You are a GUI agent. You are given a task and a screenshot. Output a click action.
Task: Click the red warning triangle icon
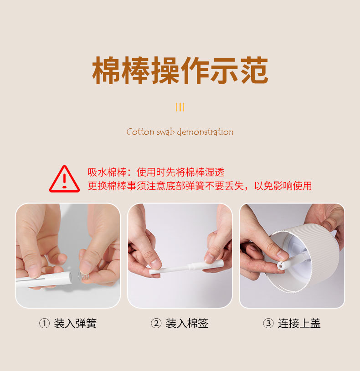[64, 179]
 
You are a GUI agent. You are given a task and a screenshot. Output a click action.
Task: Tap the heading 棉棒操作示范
[180, 71]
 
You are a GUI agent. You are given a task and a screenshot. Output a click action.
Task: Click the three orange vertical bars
[180, 107]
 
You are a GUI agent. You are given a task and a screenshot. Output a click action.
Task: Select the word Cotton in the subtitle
[140, 132]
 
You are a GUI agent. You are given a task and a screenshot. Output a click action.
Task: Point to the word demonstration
[205, 132]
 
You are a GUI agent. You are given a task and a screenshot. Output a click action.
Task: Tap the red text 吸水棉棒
[106, 173]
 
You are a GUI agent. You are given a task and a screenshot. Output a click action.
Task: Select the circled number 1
[44, 324]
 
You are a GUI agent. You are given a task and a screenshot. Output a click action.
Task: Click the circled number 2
[156, 324]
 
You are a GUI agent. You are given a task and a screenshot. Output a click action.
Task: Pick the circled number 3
[268, 324]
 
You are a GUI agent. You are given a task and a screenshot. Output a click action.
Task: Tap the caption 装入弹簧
[75, 324]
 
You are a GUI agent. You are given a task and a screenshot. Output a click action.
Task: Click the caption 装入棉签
[187, 324]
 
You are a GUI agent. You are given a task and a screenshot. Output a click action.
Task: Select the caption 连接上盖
[299, 324]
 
